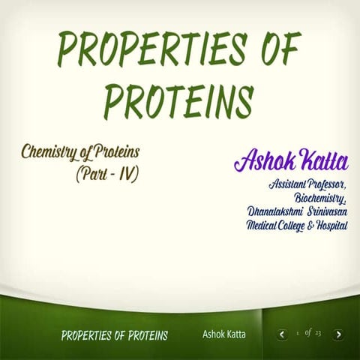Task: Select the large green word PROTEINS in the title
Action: pos(178,99)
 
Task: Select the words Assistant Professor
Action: pos(306,184)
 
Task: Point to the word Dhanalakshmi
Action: pos(275,211)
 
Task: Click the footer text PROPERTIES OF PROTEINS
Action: pos(114,335)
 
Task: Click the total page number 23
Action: pos(318,333)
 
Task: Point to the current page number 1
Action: pos(298,334)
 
